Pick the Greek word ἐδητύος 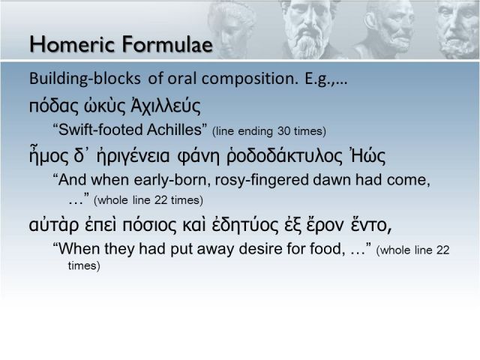point(247,225)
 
